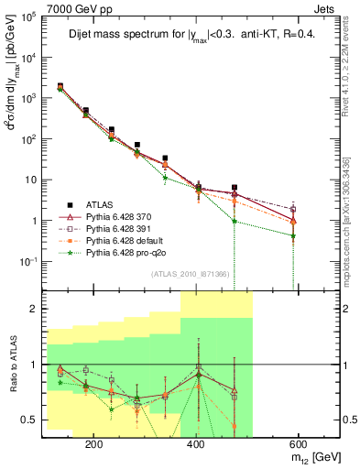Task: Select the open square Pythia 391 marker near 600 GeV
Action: [293, 209]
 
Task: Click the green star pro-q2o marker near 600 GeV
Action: [293, 235]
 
